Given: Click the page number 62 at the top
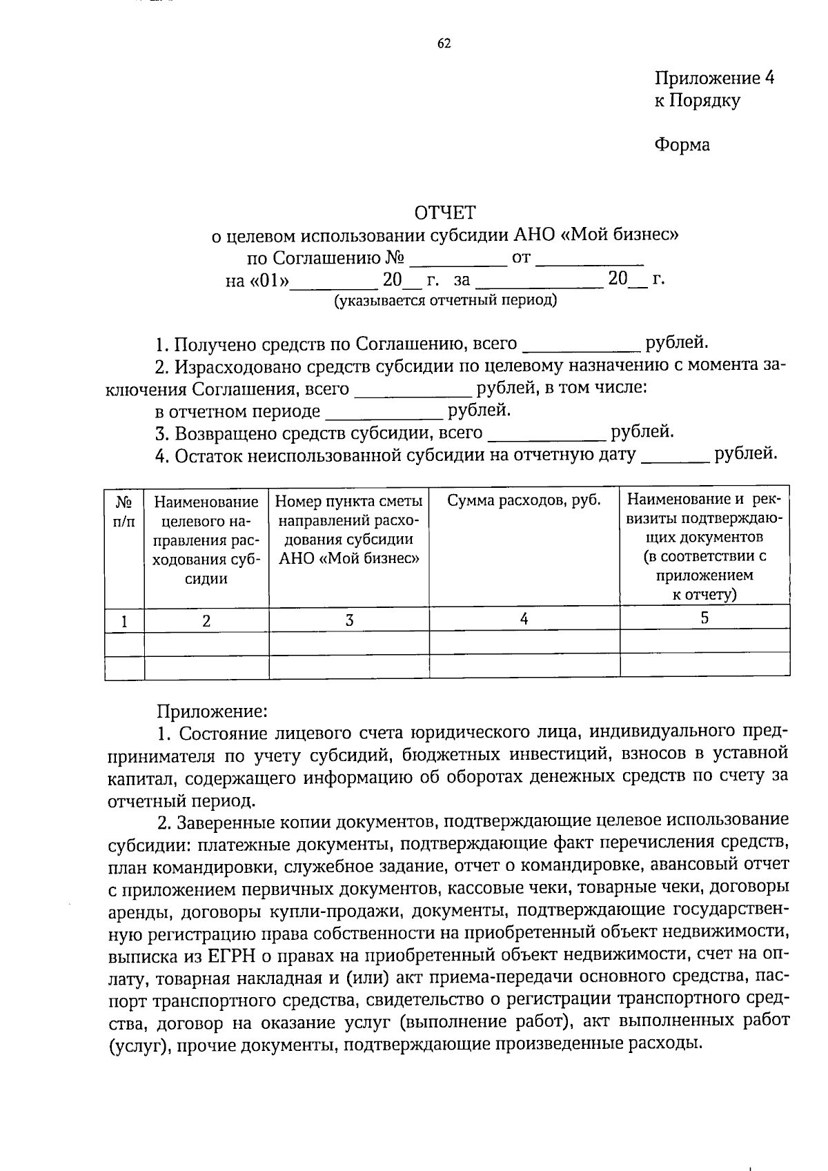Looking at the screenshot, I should tap(444, 44).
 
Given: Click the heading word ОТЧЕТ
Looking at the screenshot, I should tap(445, 212).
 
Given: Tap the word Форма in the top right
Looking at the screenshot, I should tap(682, 145).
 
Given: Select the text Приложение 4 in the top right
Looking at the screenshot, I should tap(714, 78).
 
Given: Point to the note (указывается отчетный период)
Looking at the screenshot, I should tap(445, 301).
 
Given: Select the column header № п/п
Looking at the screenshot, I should tap(124, 511).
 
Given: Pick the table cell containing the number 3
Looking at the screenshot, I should tap(349, 620).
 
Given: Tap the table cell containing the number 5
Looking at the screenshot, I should tap(704, 618).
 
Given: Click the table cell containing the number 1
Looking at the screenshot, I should tap(124, 621).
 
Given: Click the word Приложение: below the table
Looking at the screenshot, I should tap(211, 711).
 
